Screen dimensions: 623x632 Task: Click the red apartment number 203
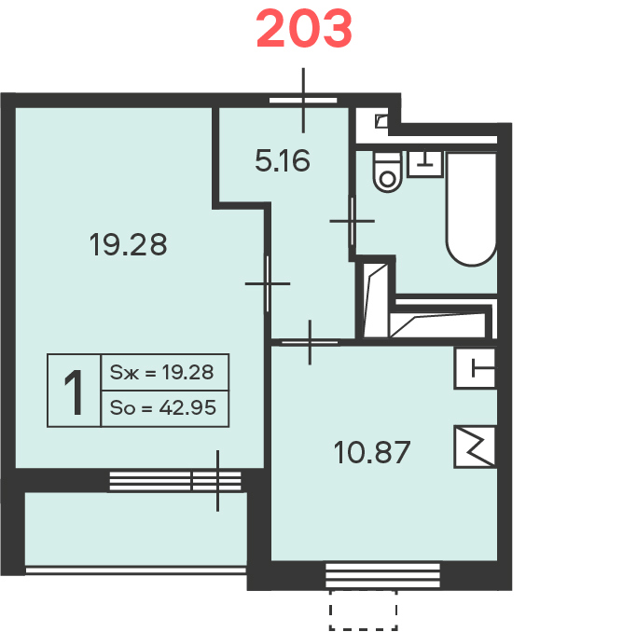[x=304, y=30]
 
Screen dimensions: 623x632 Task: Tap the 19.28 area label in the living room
[x=128, y=244]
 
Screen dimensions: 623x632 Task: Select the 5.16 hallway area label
[x=283, y=160]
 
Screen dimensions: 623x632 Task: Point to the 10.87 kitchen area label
[x=372, y=452]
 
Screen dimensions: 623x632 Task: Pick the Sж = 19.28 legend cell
[x=165, y=372]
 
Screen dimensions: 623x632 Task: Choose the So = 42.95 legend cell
[x=165, y=408]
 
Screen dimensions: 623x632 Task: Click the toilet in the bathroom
[x=388, y=172]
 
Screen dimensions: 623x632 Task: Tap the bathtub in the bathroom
[x=471, y=209]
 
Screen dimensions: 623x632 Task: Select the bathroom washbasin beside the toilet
[x=425, y=164]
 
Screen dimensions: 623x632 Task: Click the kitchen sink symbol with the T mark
[x=476, y=368]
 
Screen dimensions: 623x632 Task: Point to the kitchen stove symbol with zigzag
[x=476, y=447]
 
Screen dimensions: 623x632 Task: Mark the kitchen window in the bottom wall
[x=382, y=575]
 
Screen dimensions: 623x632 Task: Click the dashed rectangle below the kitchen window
[x=364, y=611]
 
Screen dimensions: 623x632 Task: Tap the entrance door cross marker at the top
[x=303, y=101]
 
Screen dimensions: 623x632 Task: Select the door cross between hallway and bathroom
[x=353, y=221]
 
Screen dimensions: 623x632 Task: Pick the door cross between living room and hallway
[x=268, y=283]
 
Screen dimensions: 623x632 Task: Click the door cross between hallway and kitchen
[x=310, y=343]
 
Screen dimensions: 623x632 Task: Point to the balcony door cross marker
[x=217, y=481]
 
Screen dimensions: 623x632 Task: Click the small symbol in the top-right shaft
[x=381, y=121]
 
